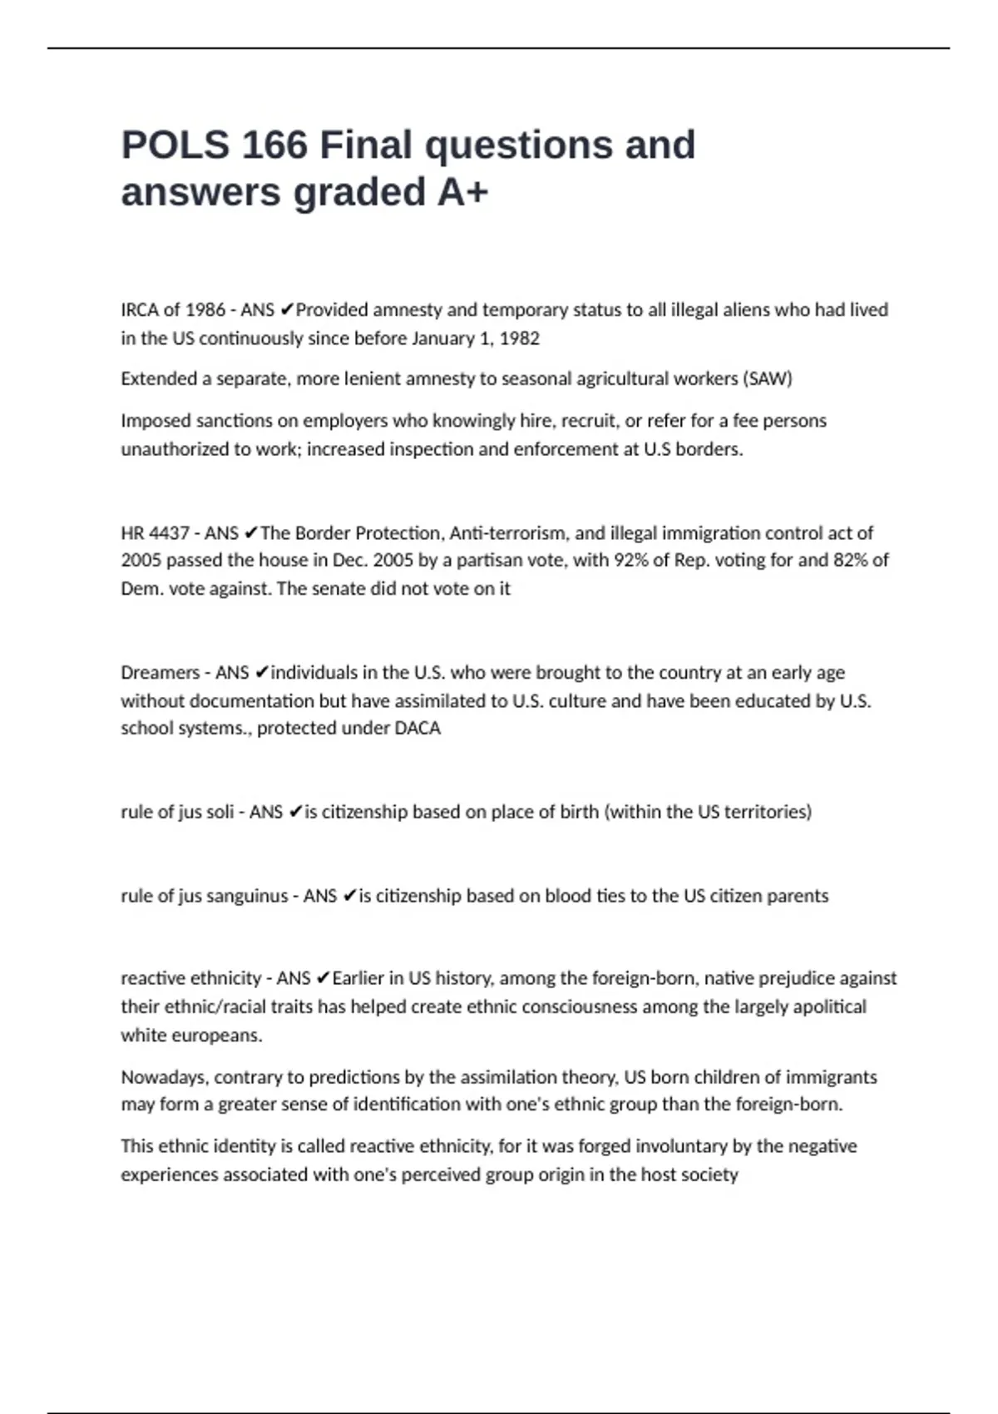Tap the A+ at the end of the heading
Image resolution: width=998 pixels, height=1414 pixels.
pos(462,192)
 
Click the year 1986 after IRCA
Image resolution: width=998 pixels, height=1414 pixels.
pos(205,310)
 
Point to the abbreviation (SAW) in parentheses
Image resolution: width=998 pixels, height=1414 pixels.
pos(768,379)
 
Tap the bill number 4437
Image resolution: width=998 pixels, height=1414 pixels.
pos(169,533)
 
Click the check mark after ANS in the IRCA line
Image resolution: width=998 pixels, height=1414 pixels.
pos(286,310)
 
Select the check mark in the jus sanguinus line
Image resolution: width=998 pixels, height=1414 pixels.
pos(349,897)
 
